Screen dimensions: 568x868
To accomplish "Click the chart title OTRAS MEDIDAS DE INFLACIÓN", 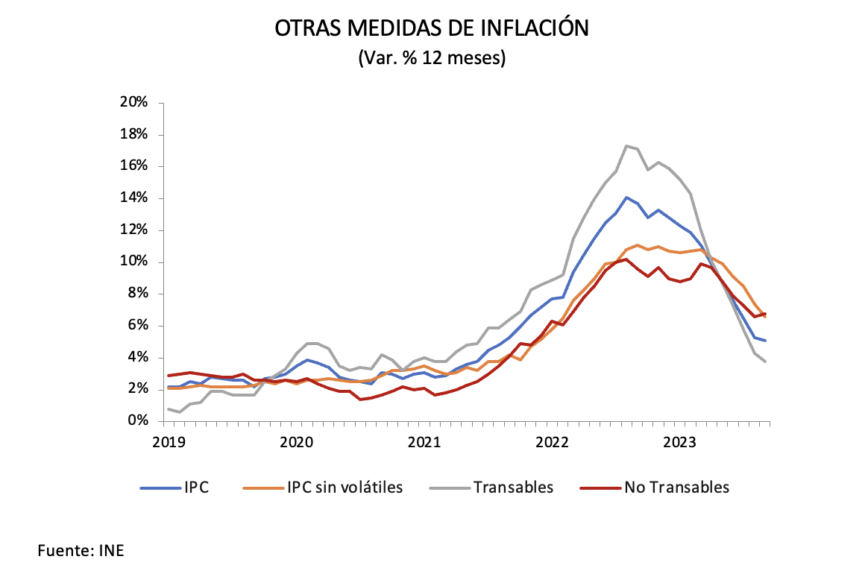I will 433,28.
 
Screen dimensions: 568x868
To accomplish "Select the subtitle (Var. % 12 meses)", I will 433,58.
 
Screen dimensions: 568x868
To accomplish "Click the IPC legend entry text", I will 196,487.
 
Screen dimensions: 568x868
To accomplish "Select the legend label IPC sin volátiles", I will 345,487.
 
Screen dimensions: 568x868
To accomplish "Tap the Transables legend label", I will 513,487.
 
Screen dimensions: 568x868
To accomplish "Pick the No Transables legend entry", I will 676,487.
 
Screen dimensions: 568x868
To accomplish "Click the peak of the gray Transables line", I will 626,145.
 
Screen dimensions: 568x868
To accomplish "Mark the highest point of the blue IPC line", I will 626,198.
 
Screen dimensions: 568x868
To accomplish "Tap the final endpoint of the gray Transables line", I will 766,362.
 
